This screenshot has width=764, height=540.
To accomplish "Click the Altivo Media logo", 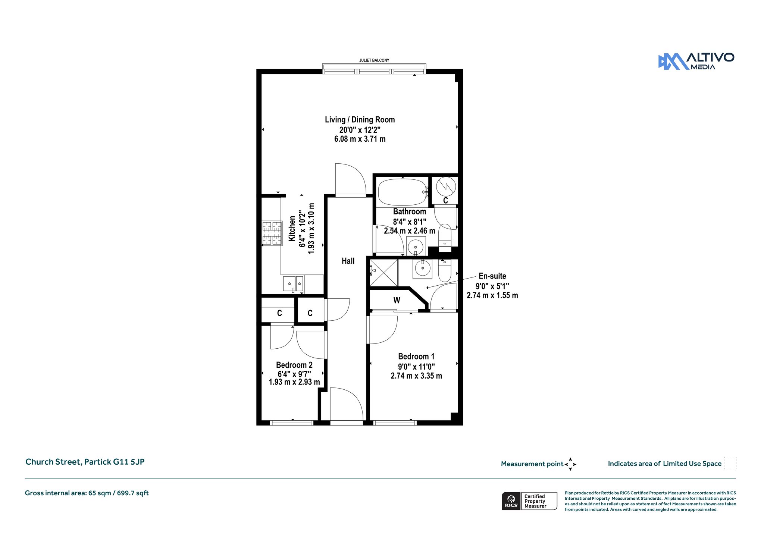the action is click(x=696, y=61).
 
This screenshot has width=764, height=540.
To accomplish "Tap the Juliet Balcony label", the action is click(x=374, y=60).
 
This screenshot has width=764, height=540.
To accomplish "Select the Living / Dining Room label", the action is click(x=360, y=120).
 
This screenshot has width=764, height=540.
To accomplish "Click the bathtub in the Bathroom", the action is click(x=403, y=192).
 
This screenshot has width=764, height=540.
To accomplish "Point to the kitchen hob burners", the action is click(x=272, y=233).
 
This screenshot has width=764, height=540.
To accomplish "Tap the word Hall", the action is click(x=348, y=261).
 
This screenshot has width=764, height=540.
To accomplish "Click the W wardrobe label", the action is click(x=397, y=300).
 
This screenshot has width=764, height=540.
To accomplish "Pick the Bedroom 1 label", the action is click(x=416, y=357).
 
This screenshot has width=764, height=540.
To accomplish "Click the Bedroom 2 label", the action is click(x=294, y=365).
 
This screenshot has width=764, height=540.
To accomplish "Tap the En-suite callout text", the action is click(x=492, y=276).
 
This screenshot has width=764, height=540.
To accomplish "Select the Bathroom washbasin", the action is click(x=416, y=247).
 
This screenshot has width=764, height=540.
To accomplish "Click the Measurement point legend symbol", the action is click(x=570, y=464).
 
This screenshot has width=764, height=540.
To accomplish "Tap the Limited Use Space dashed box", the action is click(x=730, y=463).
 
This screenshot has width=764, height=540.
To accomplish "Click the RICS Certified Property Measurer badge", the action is click(x=529, y=501).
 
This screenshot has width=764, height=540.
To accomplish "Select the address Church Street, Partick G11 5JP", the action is click(x=85, y=462).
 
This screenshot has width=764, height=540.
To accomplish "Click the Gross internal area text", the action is click(x=87, y=493).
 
